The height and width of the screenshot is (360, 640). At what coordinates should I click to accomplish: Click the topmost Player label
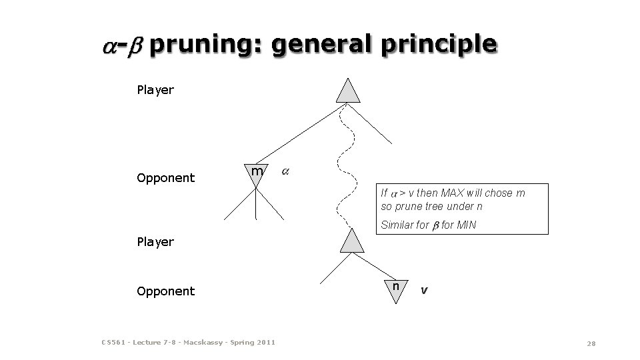(155, 90)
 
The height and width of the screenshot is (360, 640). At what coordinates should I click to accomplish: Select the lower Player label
(155, 242)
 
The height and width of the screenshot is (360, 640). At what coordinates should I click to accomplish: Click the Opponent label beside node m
(166, 178)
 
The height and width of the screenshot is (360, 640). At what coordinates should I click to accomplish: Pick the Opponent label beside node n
(166, 291)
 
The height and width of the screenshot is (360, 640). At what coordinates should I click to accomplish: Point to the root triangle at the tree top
(348, 91)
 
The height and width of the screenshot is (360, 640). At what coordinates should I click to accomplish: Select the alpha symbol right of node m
(285, 171)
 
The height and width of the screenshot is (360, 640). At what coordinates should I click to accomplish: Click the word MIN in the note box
(466, 225)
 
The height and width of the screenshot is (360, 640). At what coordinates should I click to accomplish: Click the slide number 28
(591, 343)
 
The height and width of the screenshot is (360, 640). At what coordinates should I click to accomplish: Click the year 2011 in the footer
(265, 343)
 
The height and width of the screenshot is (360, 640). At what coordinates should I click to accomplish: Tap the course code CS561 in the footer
(113, 343)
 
